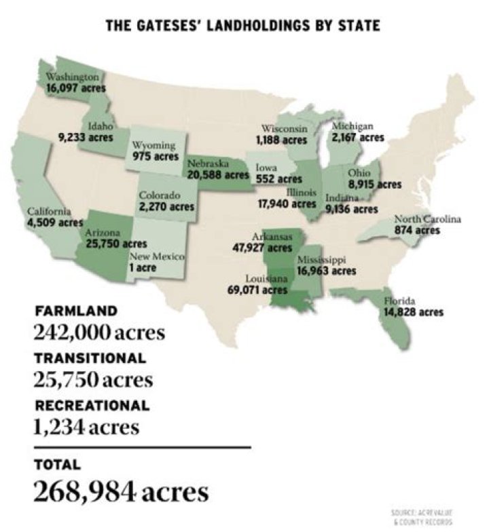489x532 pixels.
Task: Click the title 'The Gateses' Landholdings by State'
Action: (242, 25)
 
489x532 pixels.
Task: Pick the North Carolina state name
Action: (427, 219)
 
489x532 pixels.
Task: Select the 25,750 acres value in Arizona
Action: (116, 243)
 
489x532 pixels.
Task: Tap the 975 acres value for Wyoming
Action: (155, 156)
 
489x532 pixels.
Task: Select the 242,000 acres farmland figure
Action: (98, 334)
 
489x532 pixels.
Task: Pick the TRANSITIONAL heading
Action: (89, 358)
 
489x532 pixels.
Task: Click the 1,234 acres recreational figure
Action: (86, 427)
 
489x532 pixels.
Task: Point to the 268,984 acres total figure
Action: (121, 492)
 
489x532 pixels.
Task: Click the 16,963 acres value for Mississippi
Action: (326, 271)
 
